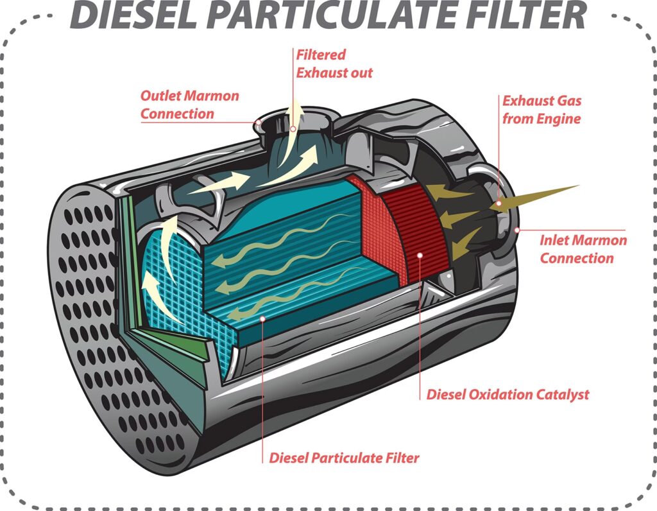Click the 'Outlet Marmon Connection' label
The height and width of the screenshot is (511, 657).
point(189,105)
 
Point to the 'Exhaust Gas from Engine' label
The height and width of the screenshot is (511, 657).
point(541,110)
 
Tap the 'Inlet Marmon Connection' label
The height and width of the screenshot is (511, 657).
point(583,249)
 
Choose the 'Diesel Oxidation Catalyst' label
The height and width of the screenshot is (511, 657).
point(507,394)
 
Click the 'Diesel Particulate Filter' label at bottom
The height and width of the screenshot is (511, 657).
point(344,458)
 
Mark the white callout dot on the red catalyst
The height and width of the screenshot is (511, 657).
point(420,255)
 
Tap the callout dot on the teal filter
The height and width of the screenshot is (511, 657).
point(262,317)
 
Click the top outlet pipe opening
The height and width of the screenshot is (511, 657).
point(295,122)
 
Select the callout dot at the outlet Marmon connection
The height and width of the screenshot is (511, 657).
point(259,121)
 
